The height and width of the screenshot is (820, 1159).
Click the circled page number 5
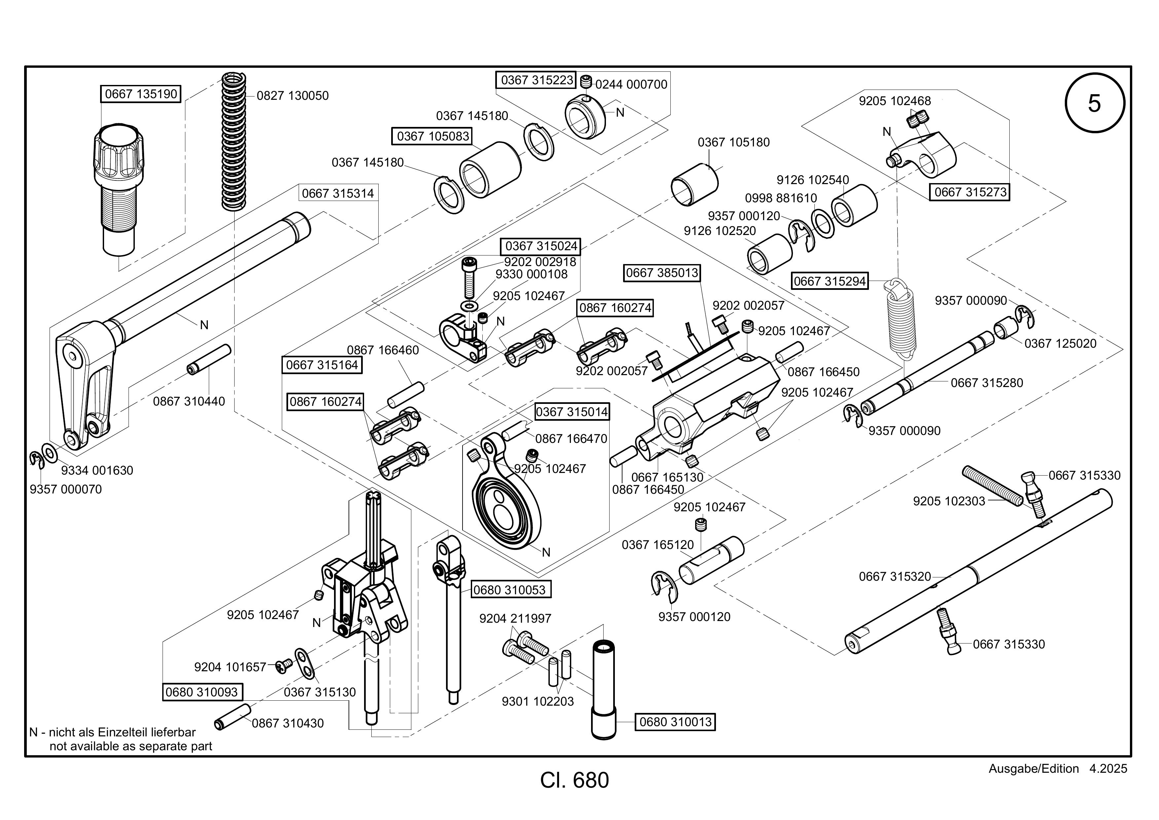(1094, 103)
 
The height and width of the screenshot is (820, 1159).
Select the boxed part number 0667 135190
(141, 94)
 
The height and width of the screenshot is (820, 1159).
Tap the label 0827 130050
(292, 96)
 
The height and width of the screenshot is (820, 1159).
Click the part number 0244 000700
(631, 84)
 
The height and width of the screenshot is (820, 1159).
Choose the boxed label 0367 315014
(572, 411)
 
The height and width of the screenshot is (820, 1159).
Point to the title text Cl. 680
(575, 780)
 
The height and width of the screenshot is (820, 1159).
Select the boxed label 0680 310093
(202, 692)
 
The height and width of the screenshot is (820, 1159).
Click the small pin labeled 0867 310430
(232, 717)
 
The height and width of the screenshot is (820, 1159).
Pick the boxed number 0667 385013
(662, 273)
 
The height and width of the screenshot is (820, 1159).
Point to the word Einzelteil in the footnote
(122, 732)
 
